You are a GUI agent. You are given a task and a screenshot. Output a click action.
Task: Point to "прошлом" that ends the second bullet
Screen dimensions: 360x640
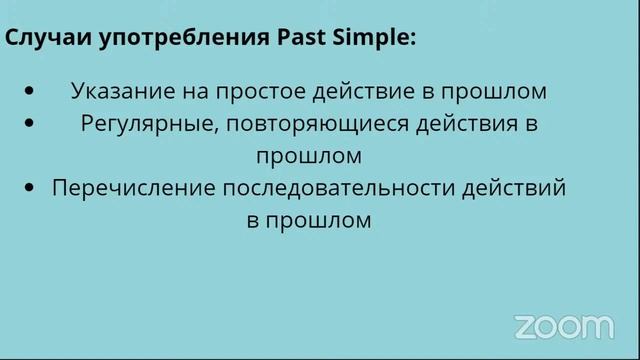308,156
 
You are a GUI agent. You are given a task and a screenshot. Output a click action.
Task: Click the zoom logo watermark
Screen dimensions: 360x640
564,326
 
